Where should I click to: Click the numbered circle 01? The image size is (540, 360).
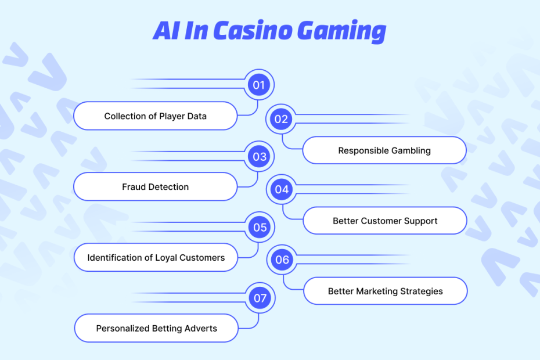tap(258, 85)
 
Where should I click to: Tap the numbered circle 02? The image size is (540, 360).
tap(281, 119)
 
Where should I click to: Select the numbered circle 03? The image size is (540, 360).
tap(259, 156)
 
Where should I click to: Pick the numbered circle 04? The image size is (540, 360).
tap(282, 189)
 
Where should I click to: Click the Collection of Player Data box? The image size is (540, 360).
tap(156, 116)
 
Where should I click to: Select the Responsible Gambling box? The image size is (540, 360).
tap(384, 150)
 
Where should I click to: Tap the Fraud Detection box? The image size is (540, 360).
tap(156, 187)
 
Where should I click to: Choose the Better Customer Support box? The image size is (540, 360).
tap(385, 221)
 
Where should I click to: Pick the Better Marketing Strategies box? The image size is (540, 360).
tap(385, 291)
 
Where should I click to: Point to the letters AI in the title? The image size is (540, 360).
tap(165, 31)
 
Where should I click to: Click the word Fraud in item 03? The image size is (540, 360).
tap(135, 187)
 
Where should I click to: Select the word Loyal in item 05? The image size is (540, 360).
tap(167, 257)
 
